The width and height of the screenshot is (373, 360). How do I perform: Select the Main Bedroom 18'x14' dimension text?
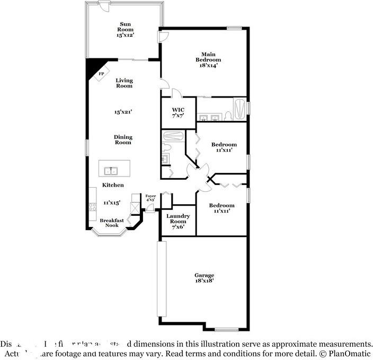(207, 65)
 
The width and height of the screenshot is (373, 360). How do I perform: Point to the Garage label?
(204, 275)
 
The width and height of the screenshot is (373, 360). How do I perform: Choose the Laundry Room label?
(177, 219)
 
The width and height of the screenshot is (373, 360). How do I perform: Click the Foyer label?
(150, 196)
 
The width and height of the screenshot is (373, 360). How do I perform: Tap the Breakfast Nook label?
(112, 223)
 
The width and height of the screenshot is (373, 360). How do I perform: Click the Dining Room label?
(123, 139)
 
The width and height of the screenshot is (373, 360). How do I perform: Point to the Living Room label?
(124, 83)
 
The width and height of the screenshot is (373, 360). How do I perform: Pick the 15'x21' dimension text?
(123, 112)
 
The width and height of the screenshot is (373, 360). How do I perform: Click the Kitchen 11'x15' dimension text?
(112, 203)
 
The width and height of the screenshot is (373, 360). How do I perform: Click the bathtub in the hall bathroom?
(173, 136)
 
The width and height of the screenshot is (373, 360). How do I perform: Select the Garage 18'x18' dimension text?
(204, 282)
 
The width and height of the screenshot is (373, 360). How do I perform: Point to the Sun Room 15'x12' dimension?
(126, 36)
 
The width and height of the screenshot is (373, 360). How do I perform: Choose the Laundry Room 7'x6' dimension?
(177, 227)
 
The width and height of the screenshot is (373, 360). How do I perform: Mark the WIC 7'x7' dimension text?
(177, 116)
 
